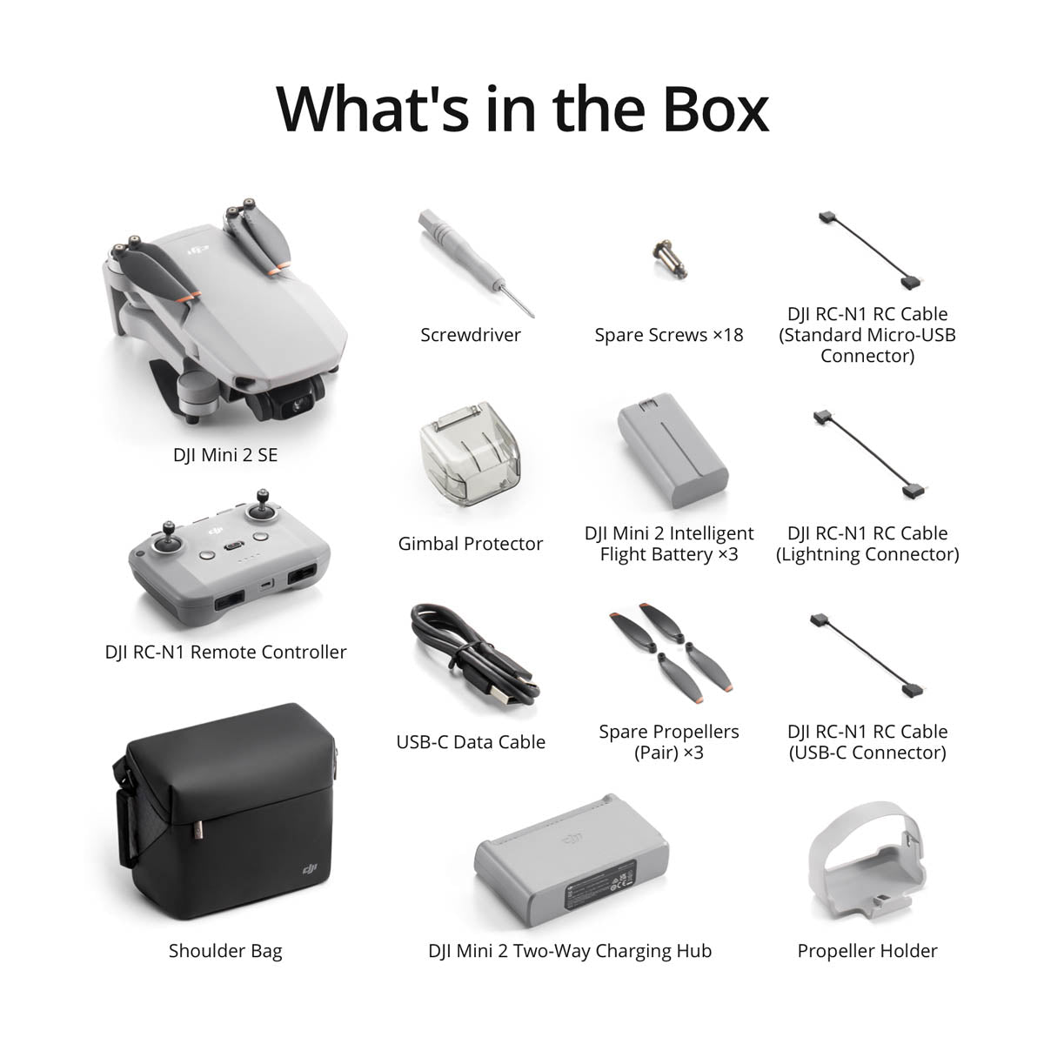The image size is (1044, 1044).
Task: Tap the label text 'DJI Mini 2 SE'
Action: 225,455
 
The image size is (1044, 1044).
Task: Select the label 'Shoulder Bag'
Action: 225,951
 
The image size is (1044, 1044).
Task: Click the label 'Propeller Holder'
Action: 867,951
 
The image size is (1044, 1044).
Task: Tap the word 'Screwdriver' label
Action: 471,335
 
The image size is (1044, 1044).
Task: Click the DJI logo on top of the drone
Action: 199,251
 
